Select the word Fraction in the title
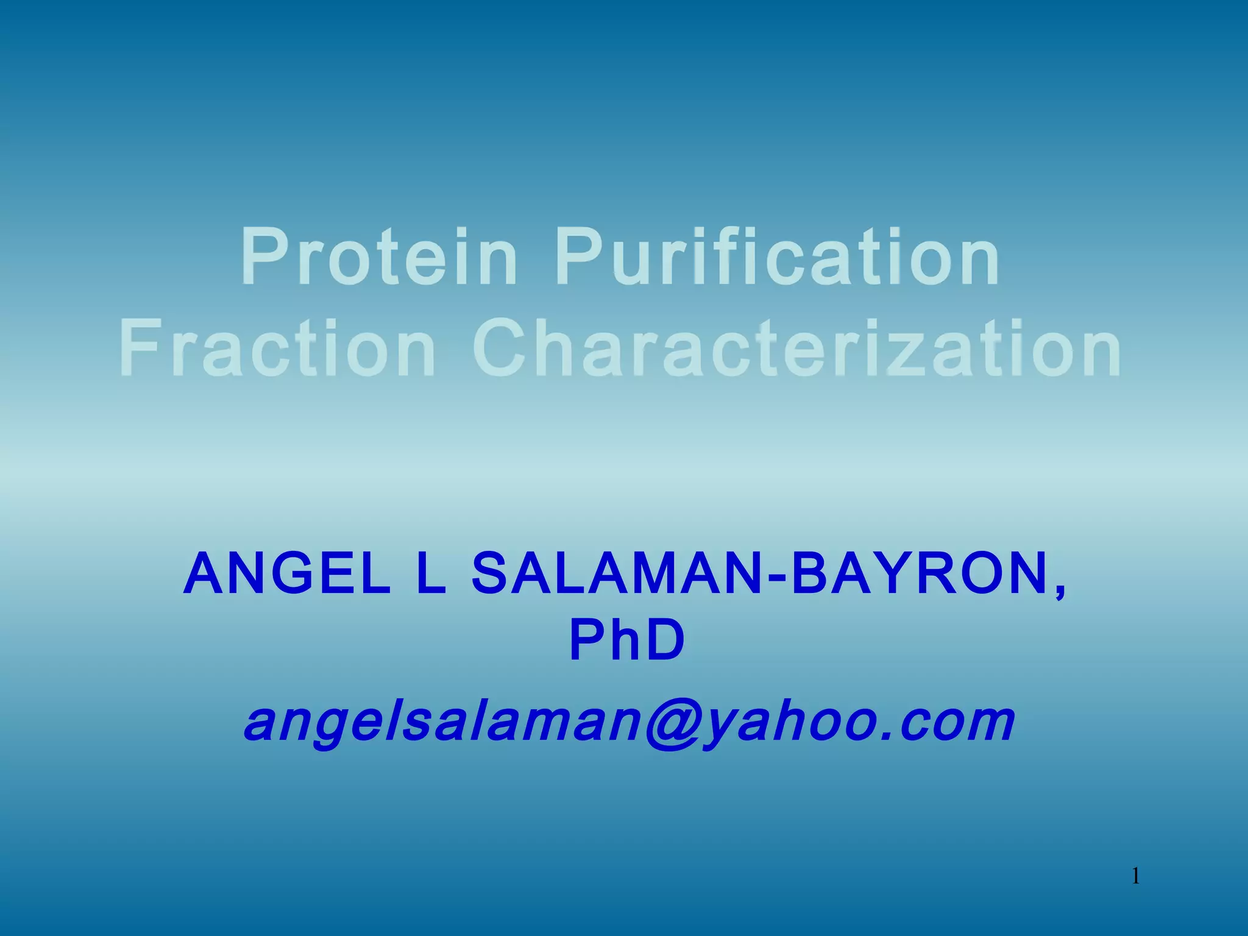click(277, 349)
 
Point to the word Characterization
click(797, 349)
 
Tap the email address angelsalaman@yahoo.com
click(629, 723)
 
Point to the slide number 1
click(1136, 877)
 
